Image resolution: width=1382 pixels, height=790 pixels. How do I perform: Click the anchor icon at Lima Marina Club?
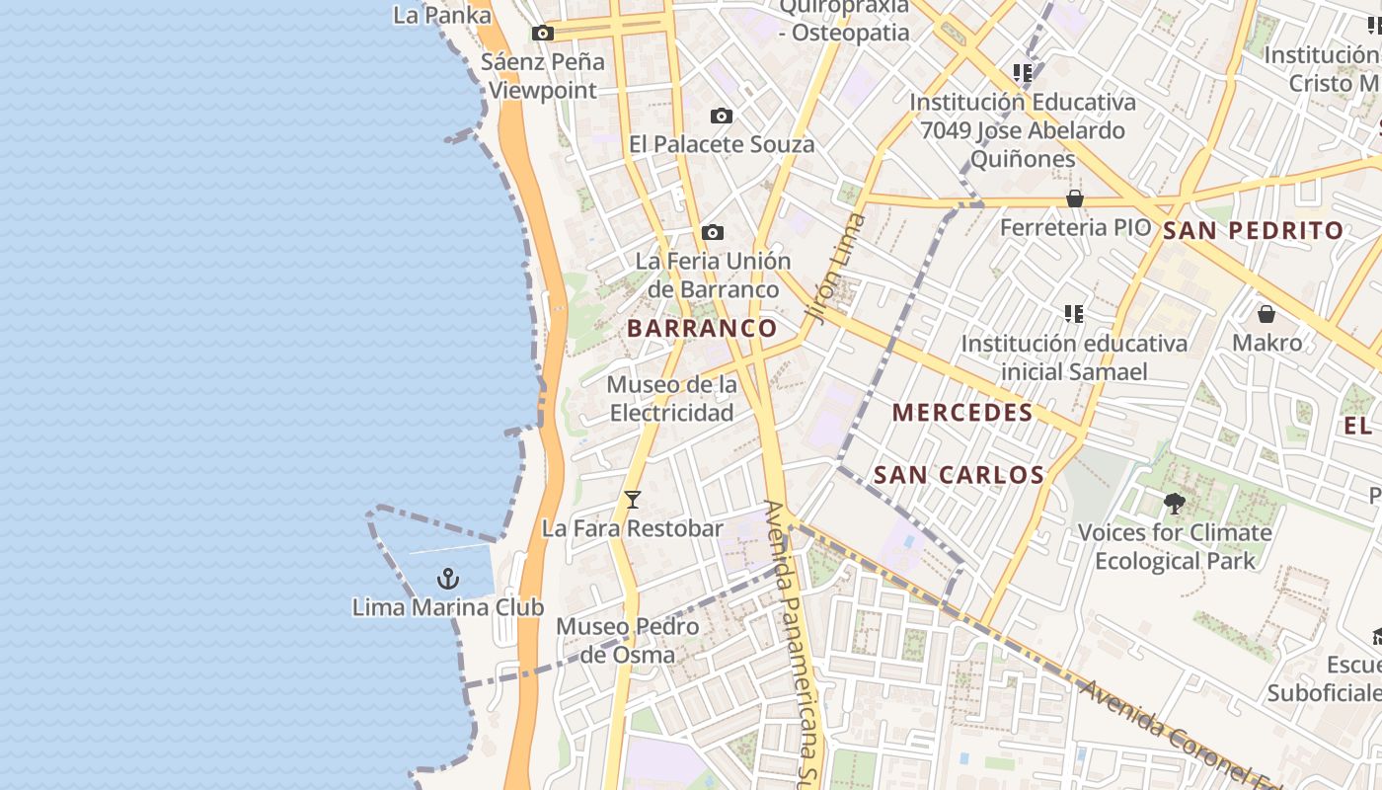[449, 578]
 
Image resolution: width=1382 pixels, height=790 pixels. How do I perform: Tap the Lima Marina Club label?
[448, 606]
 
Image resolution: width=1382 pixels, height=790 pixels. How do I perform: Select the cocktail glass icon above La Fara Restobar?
[633, 500]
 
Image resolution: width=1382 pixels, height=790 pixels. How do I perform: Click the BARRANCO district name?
[702, 328]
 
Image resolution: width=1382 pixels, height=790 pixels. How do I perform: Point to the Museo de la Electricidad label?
[671, 398]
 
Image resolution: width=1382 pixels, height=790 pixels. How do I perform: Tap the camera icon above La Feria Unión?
[713, 233]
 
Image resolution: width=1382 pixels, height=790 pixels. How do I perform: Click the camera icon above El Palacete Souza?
[722, 117]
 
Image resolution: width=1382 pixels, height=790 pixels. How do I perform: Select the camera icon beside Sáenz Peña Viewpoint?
[542, 34]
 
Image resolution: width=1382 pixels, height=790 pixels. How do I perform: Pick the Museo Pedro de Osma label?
[628, 640]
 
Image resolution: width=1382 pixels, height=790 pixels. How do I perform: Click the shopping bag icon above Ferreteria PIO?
[1075, 198]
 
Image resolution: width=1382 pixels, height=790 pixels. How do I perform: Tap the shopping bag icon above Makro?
[1267, 314]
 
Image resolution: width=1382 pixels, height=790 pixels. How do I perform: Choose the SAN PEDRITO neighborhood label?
[1253, 231]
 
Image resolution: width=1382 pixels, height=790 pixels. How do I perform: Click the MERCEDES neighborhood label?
[962, 413]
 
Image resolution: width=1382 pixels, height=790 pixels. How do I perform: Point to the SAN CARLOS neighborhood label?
[960, 475]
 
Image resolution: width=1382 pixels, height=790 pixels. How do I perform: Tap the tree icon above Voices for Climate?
[1174, 504]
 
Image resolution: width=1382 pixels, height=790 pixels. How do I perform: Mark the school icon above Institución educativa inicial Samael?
[1074, 314]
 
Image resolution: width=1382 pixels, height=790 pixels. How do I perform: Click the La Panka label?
[442, 15]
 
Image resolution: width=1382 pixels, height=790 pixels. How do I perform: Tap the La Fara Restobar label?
[633, 528]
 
